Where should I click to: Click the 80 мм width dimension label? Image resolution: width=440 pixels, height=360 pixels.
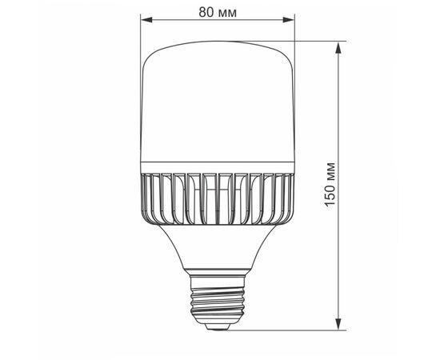(x=218, y=12)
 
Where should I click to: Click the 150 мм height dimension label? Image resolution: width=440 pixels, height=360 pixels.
(x=330, y=184)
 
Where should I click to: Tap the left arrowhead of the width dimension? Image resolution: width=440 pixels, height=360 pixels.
(x=146, y=20)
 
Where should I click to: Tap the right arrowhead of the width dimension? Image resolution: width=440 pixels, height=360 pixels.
(x=289, y=20)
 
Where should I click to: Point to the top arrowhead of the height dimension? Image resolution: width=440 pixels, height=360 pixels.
(x=338, y=48)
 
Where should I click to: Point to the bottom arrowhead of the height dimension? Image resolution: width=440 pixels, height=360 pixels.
(x=338, y=324)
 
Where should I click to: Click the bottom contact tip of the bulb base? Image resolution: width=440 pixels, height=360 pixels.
(x=217, y=326)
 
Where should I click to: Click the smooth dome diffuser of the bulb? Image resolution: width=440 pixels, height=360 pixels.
(x=217, y=102)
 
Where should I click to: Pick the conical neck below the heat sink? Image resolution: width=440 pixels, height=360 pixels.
(x=217, y=247)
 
